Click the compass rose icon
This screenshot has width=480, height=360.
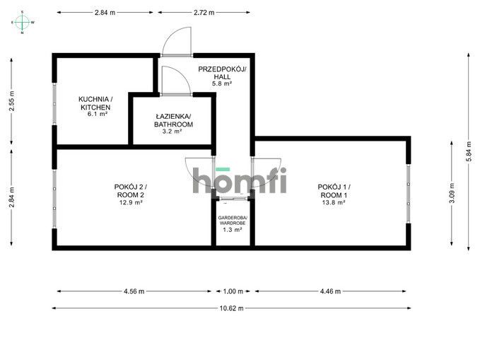[23, 22]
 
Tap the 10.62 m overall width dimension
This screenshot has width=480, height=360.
[231, 308]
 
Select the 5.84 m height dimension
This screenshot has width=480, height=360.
[469, 151]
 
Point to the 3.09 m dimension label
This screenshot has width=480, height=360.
[452, 192]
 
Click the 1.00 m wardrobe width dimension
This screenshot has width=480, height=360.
[233, 291]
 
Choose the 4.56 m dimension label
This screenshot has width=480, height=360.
[134, 291]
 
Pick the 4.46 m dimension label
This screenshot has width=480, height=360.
[330, 291]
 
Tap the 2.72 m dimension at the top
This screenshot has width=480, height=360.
[204, 13]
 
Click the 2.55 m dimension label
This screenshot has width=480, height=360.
[11, 101]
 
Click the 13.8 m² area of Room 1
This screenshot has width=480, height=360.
[334, 202]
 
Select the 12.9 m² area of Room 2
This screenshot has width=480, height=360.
[131, 202]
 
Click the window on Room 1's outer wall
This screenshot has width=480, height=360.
[409, 194]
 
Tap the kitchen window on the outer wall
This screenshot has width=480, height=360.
[54, 104]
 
